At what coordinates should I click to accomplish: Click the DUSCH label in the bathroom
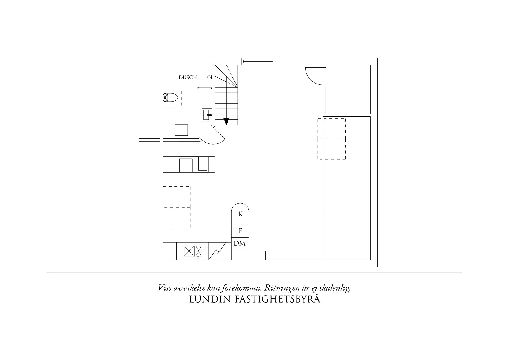188,78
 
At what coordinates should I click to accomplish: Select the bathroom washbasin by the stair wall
207,115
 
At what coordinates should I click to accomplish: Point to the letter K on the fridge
240,214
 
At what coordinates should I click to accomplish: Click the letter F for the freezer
240,231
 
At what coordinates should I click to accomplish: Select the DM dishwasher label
240,244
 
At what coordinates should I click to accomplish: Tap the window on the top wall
258,61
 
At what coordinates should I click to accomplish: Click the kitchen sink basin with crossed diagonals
189,251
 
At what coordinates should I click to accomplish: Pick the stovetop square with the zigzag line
217,251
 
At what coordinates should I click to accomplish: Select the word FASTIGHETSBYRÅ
277,299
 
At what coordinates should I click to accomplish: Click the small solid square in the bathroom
181,130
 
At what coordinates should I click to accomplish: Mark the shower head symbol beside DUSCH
210,77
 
